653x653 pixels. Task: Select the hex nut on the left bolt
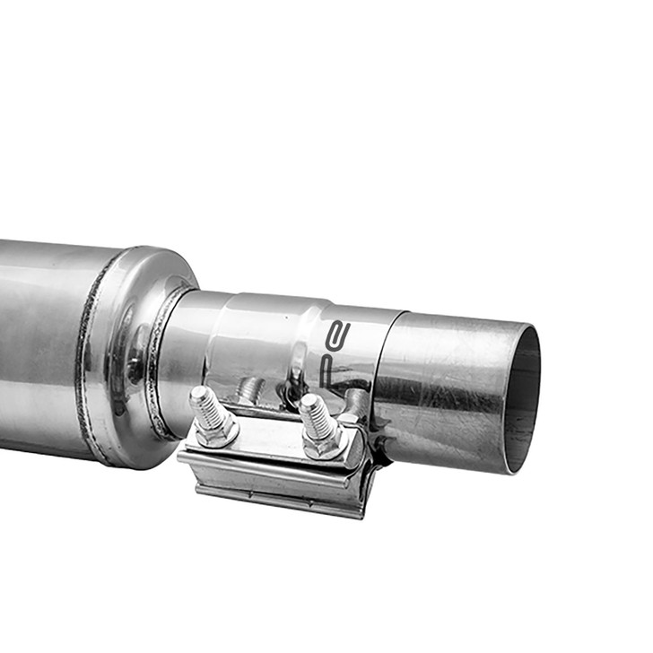pyautogui.click(x=215, y=432)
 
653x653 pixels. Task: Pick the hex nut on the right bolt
pyautogui.click(x=323, y=443)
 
